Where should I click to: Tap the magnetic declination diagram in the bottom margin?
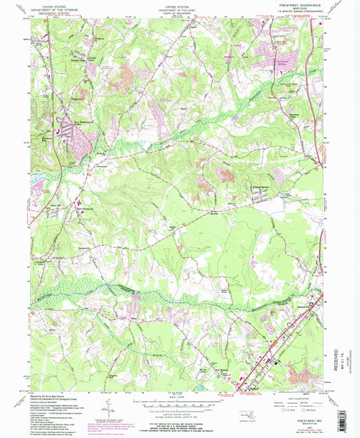(108, 408)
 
